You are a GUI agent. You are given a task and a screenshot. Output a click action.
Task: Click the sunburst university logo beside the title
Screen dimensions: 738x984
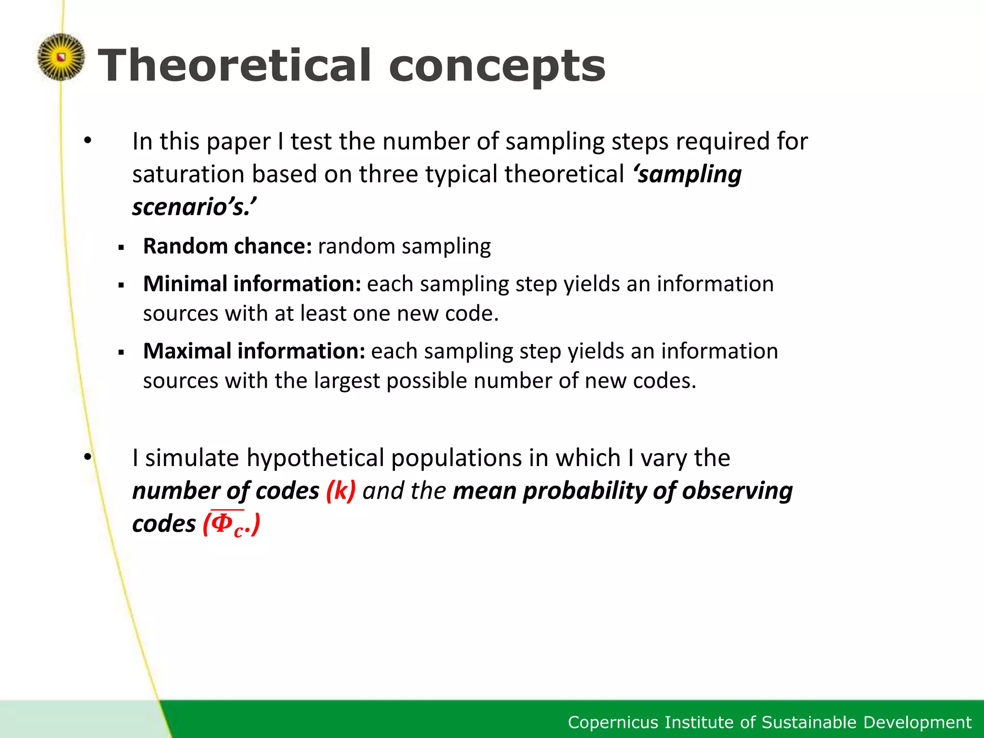[x=61, y=57]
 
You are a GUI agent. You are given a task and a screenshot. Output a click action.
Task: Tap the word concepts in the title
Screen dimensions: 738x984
[x=497, y=67]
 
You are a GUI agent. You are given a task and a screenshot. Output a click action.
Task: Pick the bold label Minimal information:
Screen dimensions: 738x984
[x=252, y=283]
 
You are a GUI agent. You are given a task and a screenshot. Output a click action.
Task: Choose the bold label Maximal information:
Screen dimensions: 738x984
[x=254, y=351]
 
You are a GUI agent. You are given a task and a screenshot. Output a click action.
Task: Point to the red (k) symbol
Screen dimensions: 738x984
[x=341, y=491]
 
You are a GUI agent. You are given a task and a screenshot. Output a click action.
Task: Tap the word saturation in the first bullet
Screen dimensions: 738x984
[x=188, y=174]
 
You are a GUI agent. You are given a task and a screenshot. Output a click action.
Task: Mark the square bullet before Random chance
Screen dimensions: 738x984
[x=121, y=248]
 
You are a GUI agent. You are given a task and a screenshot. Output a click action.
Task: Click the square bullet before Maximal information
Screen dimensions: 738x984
[x=121, y=353]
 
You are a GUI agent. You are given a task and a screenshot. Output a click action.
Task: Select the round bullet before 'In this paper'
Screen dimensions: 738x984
[x=87, y=141]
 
